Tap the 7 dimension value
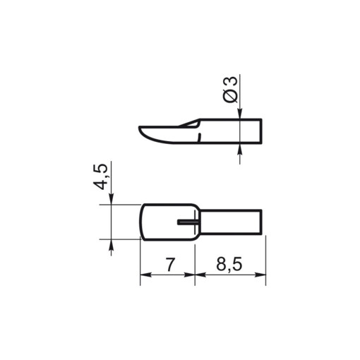(168, 265)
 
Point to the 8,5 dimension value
(229, 265)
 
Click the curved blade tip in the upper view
(145, 132)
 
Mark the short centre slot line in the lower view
(188, 221)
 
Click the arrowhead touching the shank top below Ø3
(240, 114)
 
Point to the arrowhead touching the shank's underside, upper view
(240, 148)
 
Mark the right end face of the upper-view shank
(263, 131)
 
